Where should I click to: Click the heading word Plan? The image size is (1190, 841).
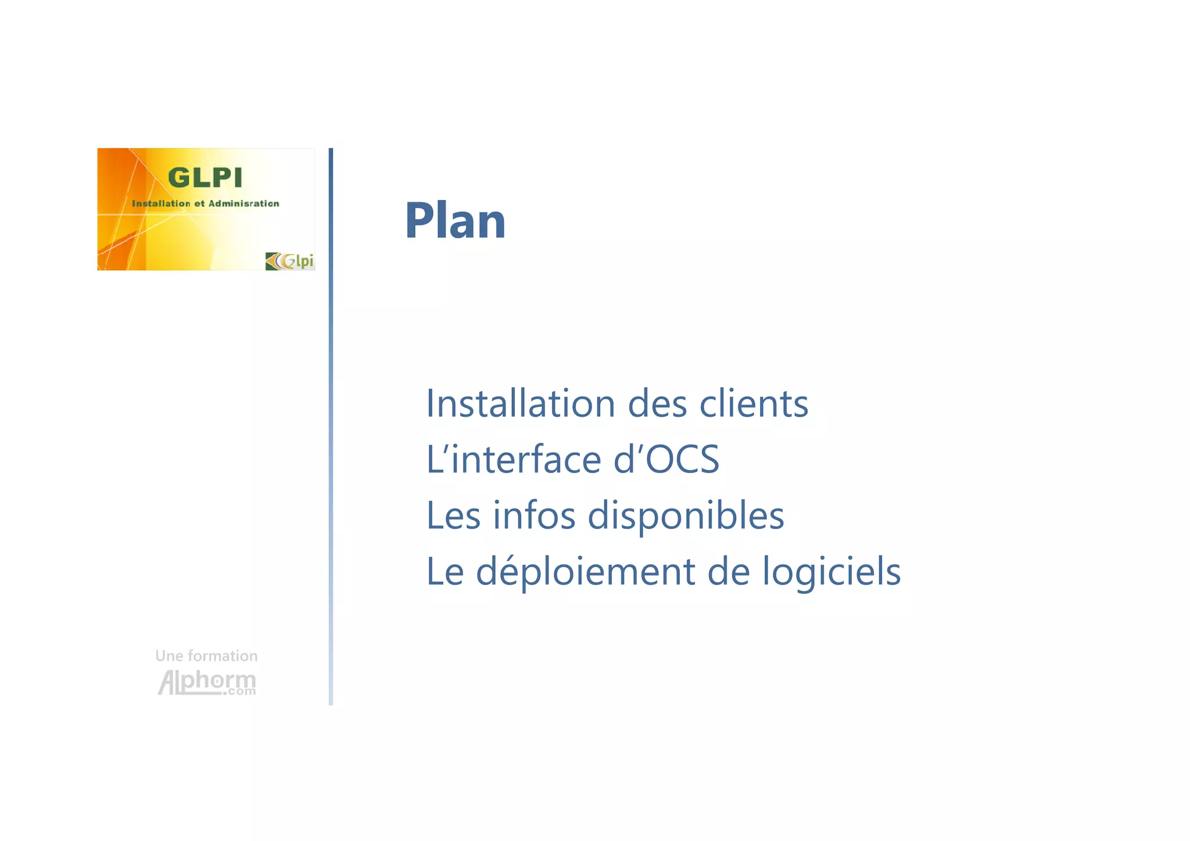[x=455, y=221]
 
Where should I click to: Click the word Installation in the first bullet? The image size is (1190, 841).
[x=520, y=403]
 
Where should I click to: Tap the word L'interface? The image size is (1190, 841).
[x=513, y=459]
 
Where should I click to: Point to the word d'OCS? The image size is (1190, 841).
[x=666, y=459]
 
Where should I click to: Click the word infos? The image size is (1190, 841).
[x=533, y=516]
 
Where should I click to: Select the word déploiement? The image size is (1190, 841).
[x=585, y=572]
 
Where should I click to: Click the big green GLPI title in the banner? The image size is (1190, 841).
[x=205, y=178]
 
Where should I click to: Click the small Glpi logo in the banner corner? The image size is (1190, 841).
[x=290, y=261]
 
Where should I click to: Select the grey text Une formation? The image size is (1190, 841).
[x=206, y=656]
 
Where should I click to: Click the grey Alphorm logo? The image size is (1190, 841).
[x=207, y=682]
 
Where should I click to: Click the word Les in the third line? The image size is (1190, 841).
[x=453, y=516]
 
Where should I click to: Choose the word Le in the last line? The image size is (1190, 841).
[x=445, y=571]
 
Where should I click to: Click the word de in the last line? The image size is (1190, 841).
[x=728, y=571]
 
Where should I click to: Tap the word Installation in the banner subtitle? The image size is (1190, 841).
[x=161, y=203]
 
